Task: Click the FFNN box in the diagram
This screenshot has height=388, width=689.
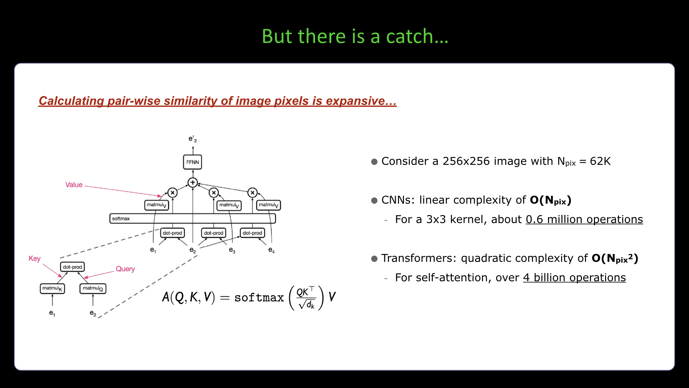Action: click(x=192, y=162)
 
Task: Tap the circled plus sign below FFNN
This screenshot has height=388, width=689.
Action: click(x=193, y=183)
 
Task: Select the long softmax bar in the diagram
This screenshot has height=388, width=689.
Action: click(x=193, y=218)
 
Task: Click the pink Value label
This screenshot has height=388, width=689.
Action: click(x=74, y=185)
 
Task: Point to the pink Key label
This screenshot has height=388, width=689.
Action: click(x=34, y=259)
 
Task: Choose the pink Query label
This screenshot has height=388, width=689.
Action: click(x=125, y=269)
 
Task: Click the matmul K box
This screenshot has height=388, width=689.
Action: click(x=52, y=288)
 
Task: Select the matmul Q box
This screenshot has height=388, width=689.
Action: click(x=93, y=288)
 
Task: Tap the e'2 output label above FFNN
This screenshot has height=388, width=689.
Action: click(x=193, y=139)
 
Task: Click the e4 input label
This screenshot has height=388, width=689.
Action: click(x=272, y=250)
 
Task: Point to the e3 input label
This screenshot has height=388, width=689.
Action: click(x=232, y=250)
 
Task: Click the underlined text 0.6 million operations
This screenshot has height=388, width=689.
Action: click(x=584, y=219)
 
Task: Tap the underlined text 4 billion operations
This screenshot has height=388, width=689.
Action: click(x=574, y=277)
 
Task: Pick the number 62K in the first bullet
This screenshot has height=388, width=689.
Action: click(x=600, y=161)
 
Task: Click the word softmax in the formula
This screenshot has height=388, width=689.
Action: click(x=259, y=297)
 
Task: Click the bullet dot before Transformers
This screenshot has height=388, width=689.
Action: click(x=374, y=259)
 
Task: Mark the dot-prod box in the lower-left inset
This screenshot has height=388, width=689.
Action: click(x=72, y=267)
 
